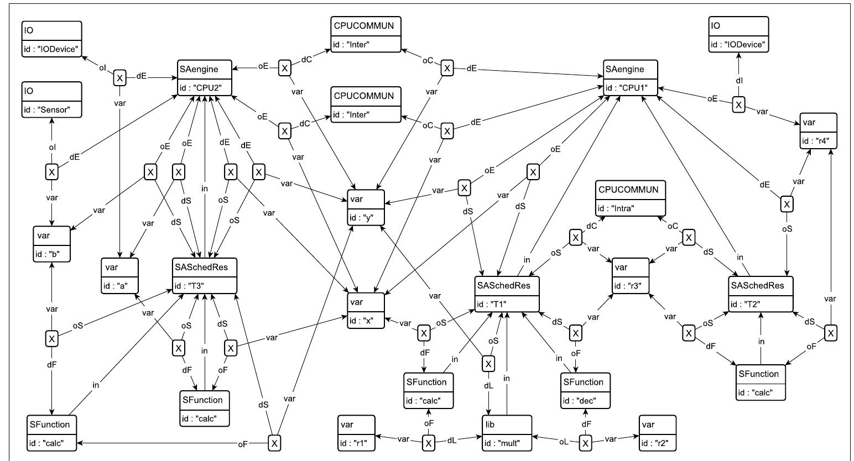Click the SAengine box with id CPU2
(203, 78)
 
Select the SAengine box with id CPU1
(631, 78)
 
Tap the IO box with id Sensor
(52, 100)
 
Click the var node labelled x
(366, 310)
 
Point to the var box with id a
(119, 275)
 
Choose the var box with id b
(52, 244)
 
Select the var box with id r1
(357, 433)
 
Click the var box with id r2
(657, 433)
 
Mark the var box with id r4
(818, 130)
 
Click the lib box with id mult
(506, 433)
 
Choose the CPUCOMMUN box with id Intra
(631, 197)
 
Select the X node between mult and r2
(586, 443)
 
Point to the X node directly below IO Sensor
(51, 172)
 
